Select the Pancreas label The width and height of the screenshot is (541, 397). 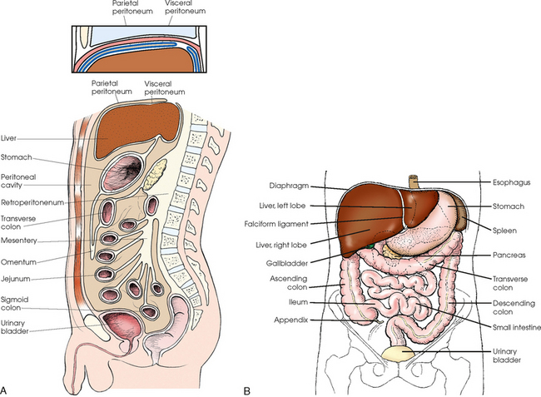[506, 248]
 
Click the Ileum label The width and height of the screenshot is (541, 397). [287, 300]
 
